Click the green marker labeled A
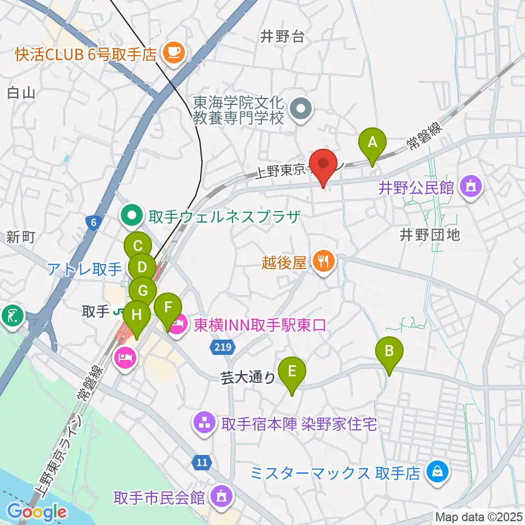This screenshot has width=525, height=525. [372, 143]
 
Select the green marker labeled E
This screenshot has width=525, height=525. [292, 373]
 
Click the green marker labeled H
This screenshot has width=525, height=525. [136, 316]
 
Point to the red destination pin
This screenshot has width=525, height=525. [323, 165]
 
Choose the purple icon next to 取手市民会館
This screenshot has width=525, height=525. [221, 497]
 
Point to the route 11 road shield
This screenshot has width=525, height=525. [202, 463]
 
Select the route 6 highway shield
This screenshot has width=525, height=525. [94, 222]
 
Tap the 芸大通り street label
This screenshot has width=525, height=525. [247, 377]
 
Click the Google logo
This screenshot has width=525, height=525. [37, 512]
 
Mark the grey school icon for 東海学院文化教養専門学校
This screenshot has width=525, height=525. [300, 110]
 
